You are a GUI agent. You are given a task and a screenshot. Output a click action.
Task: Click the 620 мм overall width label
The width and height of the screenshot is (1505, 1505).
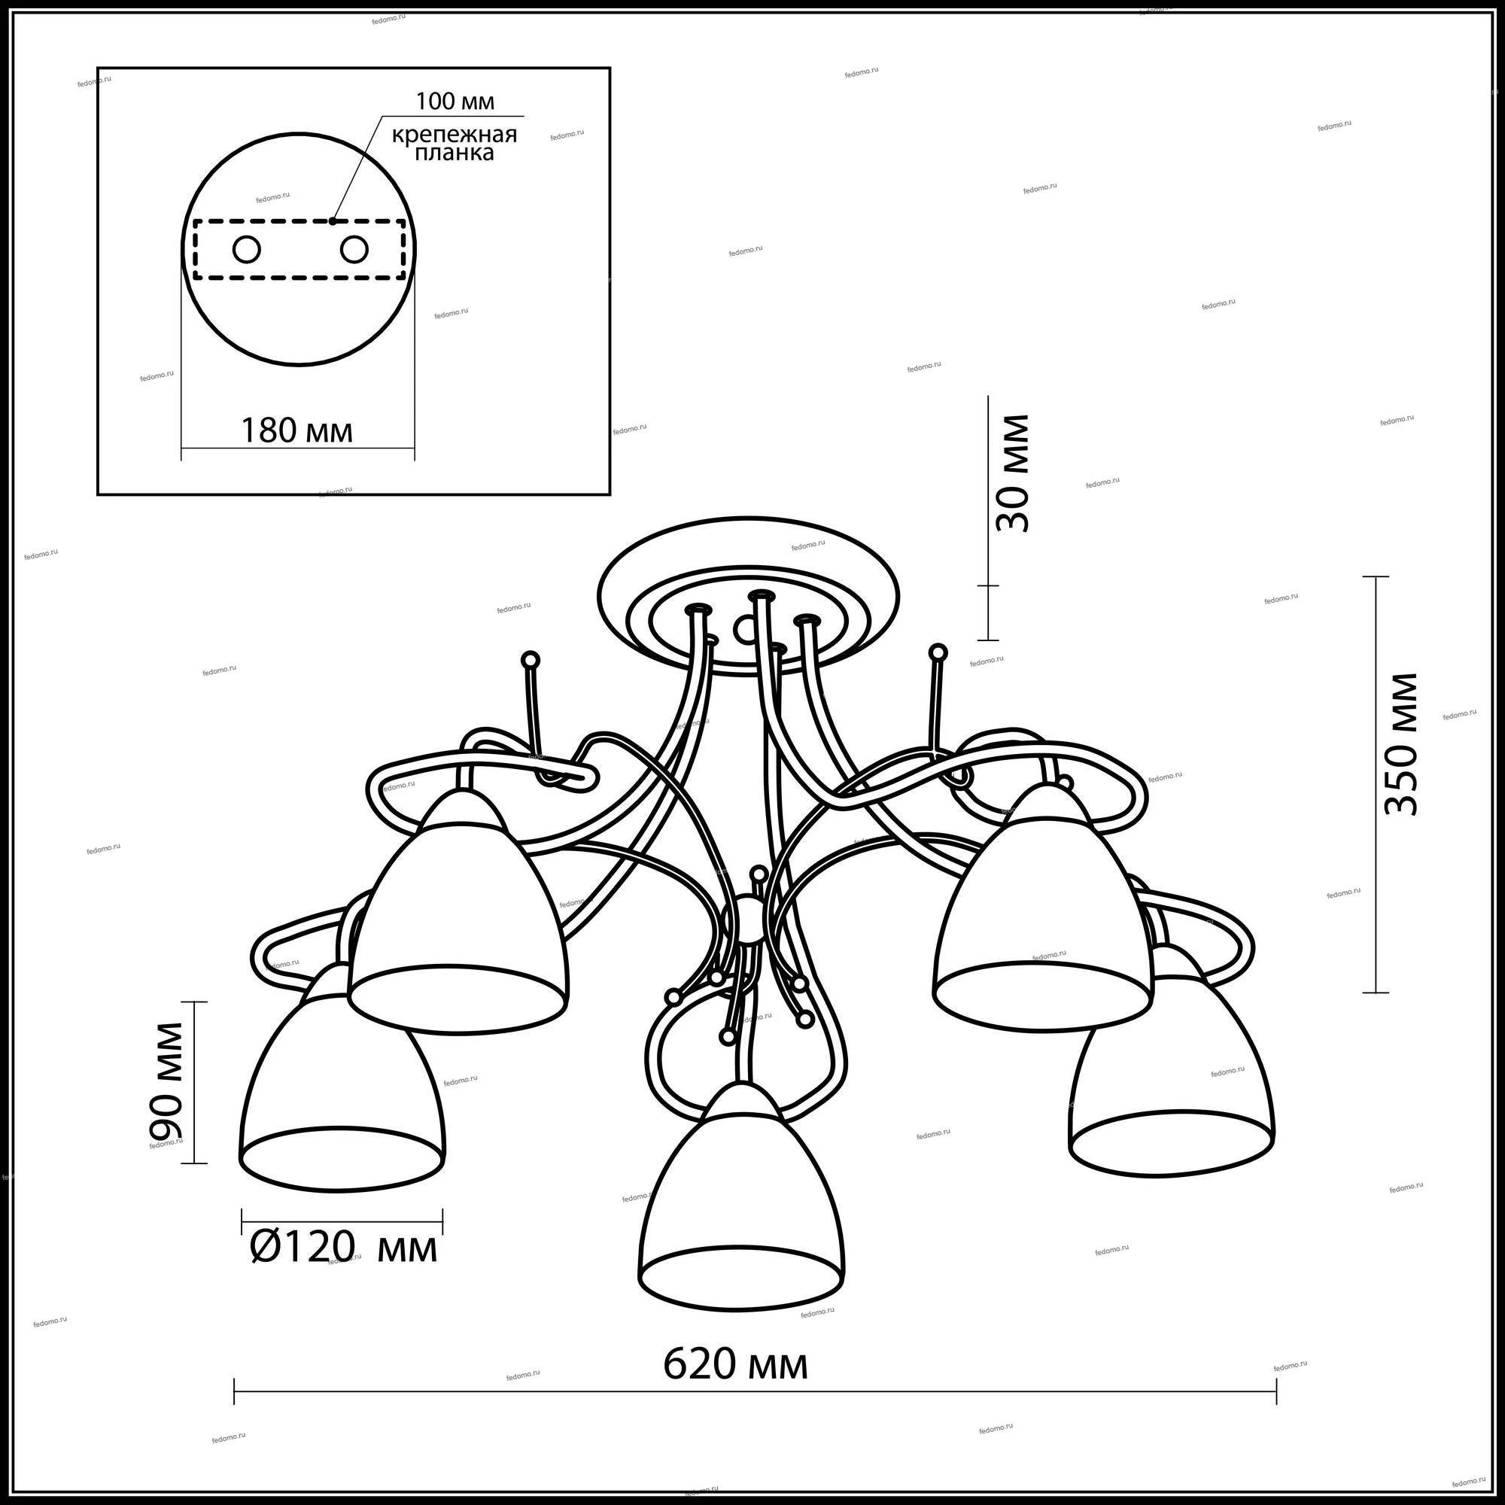[x=735, y=1365]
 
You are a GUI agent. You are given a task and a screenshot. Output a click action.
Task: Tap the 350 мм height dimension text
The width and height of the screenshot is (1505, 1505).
[x=1400, y=744]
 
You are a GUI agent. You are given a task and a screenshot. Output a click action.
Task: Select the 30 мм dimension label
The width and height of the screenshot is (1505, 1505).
[x=1012, y=473]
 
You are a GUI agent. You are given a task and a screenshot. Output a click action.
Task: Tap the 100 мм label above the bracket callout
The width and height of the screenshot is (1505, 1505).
[x=455, y=102]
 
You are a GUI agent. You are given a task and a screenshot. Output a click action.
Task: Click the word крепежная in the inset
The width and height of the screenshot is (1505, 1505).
[x=455, y=134]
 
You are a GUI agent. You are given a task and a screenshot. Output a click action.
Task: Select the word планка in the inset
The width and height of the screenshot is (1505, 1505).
[x=455, y=153]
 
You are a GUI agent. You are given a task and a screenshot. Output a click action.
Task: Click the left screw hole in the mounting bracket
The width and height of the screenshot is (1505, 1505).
[x=247, y=250]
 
